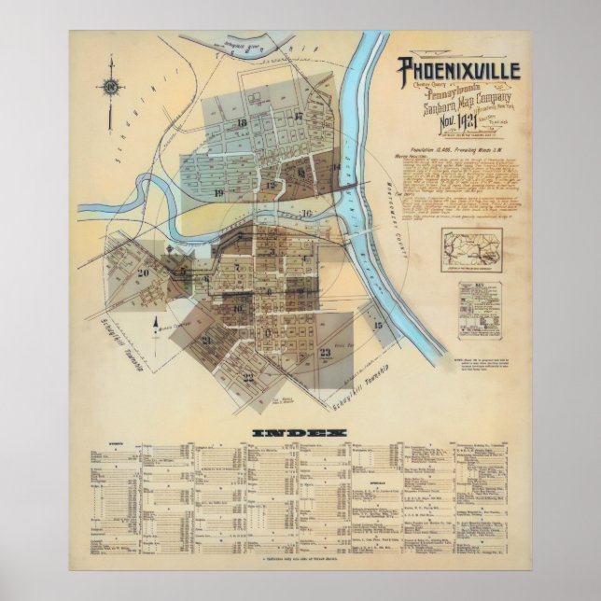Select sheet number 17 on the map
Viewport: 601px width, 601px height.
point(299,117)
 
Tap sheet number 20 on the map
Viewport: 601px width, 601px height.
point(143,273)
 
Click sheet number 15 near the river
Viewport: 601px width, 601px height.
point(378,325)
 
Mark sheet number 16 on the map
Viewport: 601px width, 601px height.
point(306,213)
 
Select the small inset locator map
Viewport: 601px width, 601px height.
point(474,246)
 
